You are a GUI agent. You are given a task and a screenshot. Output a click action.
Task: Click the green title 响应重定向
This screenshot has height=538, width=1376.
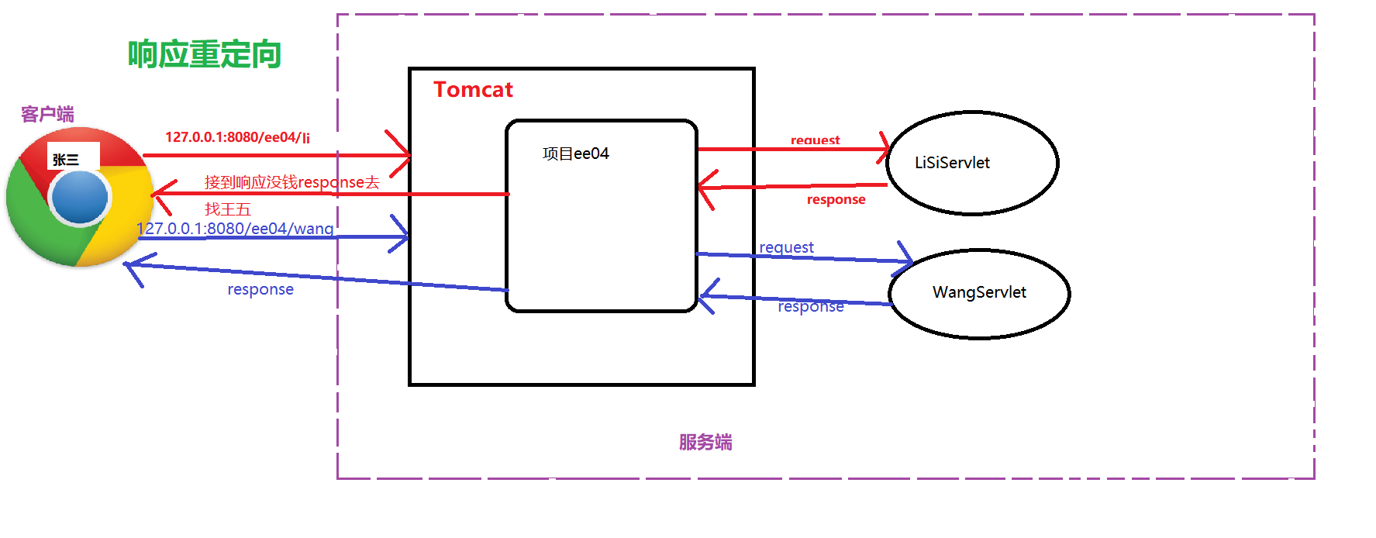click(x=204, y=54)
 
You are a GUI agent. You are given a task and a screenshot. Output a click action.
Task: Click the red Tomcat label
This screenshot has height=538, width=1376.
click(x=473, y=90)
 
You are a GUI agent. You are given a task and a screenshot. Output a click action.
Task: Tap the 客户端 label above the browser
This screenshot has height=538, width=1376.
click(x=47, y=114)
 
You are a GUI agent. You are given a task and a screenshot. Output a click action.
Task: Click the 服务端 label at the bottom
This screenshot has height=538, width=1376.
click(x=705, y=442)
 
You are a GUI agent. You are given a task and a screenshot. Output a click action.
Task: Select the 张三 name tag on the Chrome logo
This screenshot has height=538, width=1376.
click(x=67, y=160)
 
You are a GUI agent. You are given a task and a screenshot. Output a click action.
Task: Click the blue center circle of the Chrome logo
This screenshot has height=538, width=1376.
click(x=80, y=197)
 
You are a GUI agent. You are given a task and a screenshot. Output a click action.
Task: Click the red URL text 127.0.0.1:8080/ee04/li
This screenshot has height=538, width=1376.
click(x=237, y=137)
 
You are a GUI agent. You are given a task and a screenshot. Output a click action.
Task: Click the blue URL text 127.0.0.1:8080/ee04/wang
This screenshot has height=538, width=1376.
click(x=236, y=229)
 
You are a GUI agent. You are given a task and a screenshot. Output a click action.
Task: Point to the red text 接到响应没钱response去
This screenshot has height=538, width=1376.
click(x=291, y=182)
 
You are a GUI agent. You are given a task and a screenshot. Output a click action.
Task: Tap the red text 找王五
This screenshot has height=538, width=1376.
click(x=228, y=209)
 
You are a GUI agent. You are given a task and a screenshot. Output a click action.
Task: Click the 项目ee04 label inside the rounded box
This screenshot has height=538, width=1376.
click(x=576, y=153)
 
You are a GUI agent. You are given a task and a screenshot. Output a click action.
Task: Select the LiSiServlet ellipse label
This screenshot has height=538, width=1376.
click(x=952, y=163)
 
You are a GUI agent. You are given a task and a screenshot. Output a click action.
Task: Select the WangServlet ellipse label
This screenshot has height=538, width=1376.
click(x=979, y=292)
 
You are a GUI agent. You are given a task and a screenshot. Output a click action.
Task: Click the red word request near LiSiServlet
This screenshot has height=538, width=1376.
click(x=815, y=140)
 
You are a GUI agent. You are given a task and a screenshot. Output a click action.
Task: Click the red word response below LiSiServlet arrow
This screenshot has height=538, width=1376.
click(x=836, y=199)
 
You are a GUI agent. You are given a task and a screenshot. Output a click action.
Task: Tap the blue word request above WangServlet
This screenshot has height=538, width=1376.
click(x=786, y=247)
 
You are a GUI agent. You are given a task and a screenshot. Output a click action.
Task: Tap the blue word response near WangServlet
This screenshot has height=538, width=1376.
click(x=811, y=307)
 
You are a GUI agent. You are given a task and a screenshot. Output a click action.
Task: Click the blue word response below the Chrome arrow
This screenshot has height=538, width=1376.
click(x=260, y=289)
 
